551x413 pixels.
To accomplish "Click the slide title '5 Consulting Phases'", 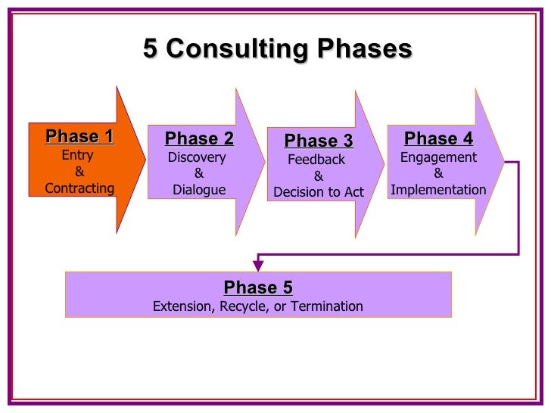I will point(277,50).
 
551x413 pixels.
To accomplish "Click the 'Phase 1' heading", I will point(79,137).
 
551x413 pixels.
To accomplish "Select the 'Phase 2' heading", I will point(199,138).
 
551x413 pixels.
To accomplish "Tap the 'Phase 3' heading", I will point(319,141).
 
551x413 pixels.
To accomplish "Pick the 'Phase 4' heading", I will point(438,138).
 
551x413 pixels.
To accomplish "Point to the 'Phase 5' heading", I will point(258,287).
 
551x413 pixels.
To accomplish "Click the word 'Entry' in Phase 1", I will point(77,155).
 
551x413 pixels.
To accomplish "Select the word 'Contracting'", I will point(79,188).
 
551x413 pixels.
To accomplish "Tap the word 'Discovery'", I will point(197,157).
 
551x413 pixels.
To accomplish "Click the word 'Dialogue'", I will point(199,190).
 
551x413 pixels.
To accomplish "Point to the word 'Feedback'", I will point(316,160).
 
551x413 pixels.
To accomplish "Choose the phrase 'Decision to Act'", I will point(319,192).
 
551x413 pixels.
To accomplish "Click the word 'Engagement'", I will point(438,157).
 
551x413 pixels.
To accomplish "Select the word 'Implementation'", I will point(438,190).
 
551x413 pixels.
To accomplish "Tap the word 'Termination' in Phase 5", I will point(328,306).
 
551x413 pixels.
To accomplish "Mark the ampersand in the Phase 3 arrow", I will point(318,176).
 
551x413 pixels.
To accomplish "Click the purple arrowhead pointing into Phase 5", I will point(258,265).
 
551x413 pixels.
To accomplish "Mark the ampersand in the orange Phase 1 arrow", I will point(79,172).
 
